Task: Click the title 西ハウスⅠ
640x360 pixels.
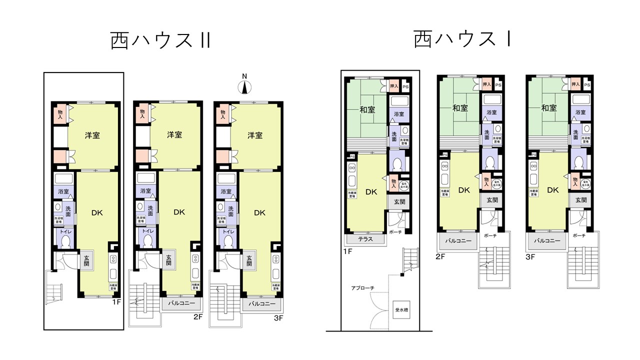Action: (462, 39)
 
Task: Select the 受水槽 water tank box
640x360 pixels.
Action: (401, 308)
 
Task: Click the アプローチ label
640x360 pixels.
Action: (362, 288)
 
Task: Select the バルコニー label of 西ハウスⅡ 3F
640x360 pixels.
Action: (260, 303)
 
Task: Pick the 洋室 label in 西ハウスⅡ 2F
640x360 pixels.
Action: (174, 135)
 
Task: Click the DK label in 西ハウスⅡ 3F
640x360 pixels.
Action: (259, 212)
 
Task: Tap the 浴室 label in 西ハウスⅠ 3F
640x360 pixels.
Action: (580, 113)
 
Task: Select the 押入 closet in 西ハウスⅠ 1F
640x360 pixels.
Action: (393, 86)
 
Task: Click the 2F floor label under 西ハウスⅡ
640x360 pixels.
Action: (197, 317)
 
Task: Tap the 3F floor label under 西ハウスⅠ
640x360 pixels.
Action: (530, 257)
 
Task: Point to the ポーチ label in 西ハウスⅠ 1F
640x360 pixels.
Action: (395, 232)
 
